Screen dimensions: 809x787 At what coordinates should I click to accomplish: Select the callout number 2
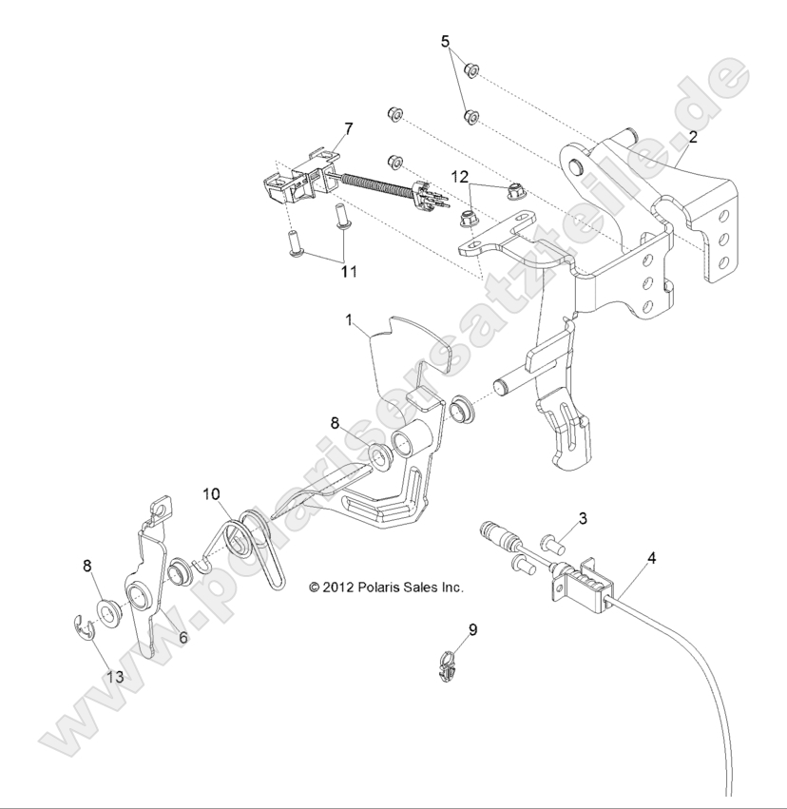coord(693,137)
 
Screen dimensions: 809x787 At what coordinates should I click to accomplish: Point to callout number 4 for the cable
coord(651,559)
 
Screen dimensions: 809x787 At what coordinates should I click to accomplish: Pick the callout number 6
coord(182,638)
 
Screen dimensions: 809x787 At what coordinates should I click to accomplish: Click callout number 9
coord(446,629)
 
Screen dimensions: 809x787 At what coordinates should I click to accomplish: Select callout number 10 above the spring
coord(210,493)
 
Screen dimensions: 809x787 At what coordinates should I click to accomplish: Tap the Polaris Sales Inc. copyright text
coord(386,587)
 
